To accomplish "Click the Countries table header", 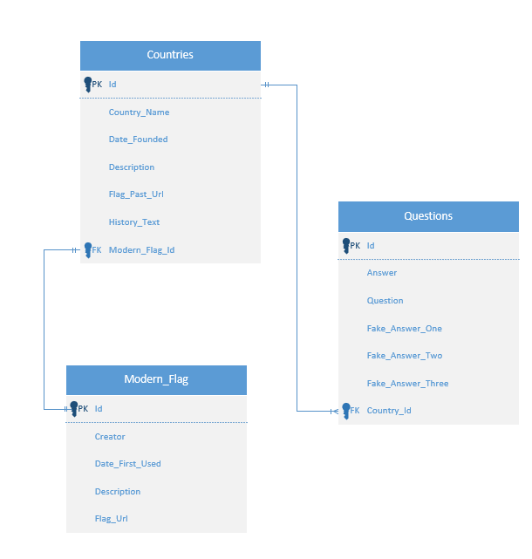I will (x=170, y=55).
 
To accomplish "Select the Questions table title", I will (x=428, y=216).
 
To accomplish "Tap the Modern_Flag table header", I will (x=156, y=379).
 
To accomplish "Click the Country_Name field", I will (x=139, y=112).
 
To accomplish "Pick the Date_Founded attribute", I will (x=138, y=140).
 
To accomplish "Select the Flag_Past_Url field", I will (x=136, y=194).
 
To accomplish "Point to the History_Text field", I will (x=134, y=222).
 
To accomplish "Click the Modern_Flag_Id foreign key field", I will (x=141, y=250).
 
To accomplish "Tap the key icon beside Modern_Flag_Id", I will (x=87, y=250).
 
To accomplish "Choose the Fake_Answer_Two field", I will (x=404, y=356).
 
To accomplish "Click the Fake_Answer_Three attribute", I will (x=407, y=384).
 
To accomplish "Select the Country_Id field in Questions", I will (x=388, y=411).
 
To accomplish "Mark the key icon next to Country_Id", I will (x=345, y=411).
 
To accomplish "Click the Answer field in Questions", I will (x=382, y=273).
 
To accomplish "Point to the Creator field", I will (x=110, y=437).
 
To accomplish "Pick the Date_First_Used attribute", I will (x=127, y=464).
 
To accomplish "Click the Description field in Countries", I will (x=132, y=167).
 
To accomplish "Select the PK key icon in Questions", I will (x=346, y=246).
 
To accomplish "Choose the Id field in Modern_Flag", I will (x=99, y=409).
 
